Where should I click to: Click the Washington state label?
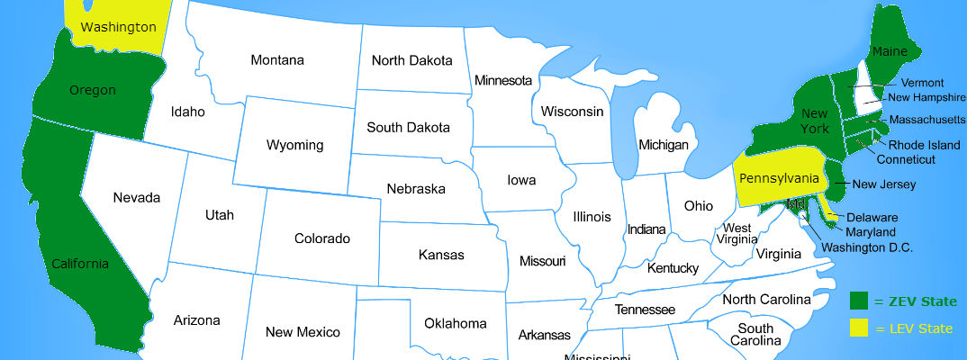pos(118,27)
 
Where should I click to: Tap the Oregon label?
pos(92,90)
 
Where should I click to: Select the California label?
pos(79,264)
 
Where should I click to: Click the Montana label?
pos(277,60)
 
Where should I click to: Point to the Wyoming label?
pos(294,145)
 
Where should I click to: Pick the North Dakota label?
pos(411,60)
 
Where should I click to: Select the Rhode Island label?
pos(924,145)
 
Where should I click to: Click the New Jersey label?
pos(884,184)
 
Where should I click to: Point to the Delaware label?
pos(872,217)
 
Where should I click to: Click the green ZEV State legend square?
pos(858,301)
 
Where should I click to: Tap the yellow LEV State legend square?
pos(858,328)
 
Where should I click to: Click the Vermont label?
pos(922,83)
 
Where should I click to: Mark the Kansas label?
pos(441,255)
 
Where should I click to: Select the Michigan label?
pos(663,144)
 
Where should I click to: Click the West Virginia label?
pos(738,234)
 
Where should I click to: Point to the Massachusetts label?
pos(927,119)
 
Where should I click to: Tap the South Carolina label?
pos(755,335)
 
